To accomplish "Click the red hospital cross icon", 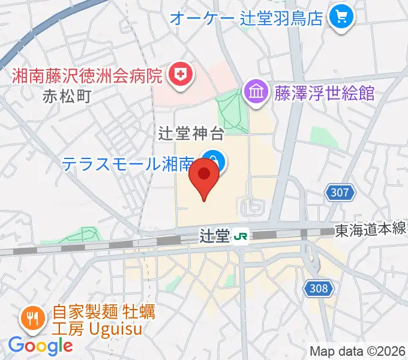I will pyautogui.click(x=178, y=75).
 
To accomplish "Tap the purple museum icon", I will pyautogui.click(x=256, y=93).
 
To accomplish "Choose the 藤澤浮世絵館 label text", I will pyautogui.click(x=325, y=94).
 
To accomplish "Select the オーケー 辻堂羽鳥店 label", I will pyautogui.click(x=247, y=17).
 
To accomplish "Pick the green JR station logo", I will pyautogui.click(x=241, y=236).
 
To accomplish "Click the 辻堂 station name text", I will pyautogui.click(x=215, y=236).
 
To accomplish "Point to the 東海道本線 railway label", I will pyautogui.click(x=370, y=229).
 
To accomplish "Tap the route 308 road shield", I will pyautogui.click(x=319, y=289).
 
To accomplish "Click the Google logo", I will pyautogui.click(x=40, y=345).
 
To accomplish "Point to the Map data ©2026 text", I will pyautogui.click(x=358, y=351).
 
